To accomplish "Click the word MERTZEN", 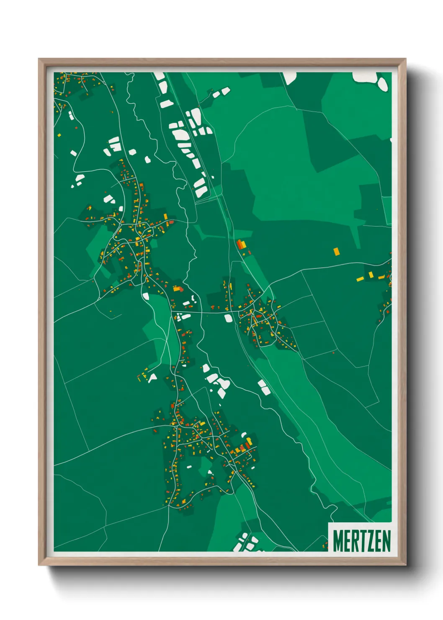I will click(362, 541).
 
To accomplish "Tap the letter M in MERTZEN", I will click(338, 541).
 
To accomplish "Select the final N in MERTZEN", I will click(386, 541).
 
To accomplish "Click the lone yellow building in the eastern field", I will click(336, 251).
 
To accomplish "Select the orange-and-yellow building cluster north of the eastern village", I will click(240, 245).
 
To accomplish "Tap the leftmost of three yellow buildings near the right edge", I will click(360, 279).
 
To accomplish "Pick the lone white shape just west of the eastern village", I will click(228, 318).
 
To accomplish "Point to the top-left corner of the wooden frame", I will click(39, 59).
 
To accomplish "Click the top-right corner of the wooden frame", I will click(405, 59).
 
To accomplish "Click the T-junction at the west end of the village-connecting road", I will click(172, 311).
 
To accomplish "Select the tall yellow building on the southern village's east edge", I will click(249, 442).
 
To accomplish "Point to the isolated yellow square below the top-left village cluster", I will click(59, 135).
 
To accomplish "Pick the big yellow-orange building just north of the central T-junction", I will click(177, 289).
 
